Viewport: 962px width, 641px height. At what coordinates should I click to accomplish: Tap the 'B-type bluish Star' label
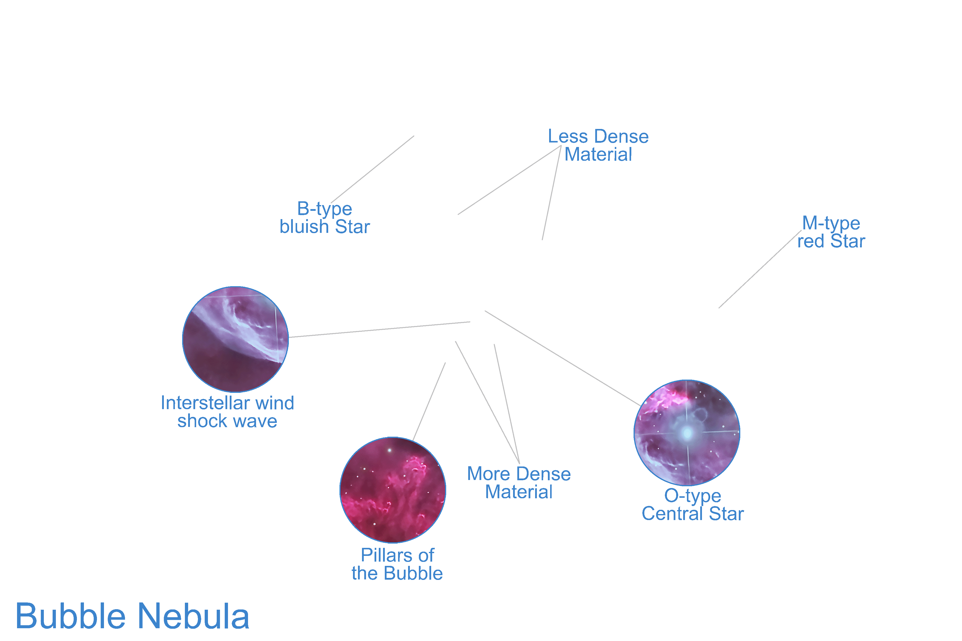(324, 218)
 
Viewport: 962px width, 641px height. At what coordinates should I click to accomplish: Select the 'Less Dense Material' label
(598, 145)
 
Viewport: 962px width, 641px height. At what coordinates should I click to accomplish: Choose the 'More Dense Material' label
(519, 483)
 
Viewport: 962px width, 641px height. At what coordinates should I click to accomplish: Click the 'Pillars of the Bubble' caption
(397, 564)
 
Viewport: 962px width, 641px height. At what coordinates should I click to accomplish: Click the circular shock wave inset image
(235, 339)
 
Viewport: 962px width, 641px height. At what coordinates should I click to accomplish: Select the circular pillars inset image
(393, 490)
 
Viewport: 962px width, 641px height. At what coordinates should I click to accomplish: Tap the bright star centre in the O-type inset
(687, 433)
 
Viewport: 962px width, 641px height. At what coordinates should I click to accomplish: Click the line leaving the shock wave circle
(380, 330)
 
